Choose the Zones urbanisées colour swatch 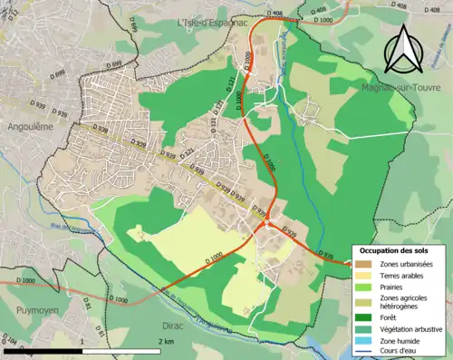[x=367, y=263]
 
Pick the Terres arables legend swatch [x=367, y=276]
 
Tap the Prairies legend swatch [x=367, y=288]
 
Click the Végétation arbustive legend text [x=414, y=330]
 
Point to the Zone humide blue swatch [x=367, y=342]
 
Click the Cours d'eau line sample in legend [x=367, y=353]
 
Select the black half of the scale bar [x=127, y=349]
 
